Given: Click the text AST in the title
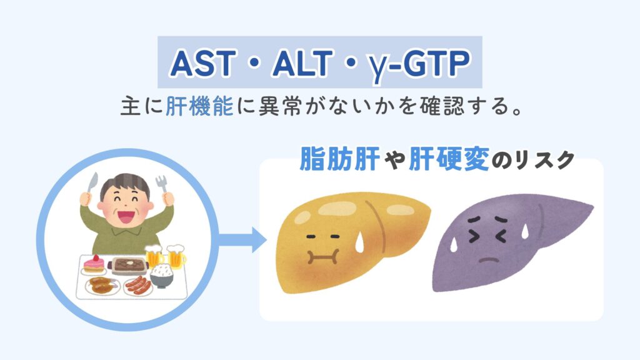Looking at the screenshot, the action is [203, 64].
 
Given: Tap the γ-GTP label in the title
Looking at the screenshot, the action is [419, 65].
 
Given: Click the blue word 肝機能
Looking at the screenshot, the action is [199, 106].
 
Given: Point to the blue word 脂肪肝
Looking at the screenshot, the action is [339, 158].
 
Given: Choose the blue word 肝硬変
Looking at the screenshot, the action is [448, 158].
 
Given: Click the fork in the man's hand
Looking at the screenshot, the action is [162, 185].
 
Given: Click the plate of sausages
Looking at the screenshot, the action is [138, 285].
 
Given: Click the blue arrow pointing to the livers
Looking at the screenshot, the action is [242, 239].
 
